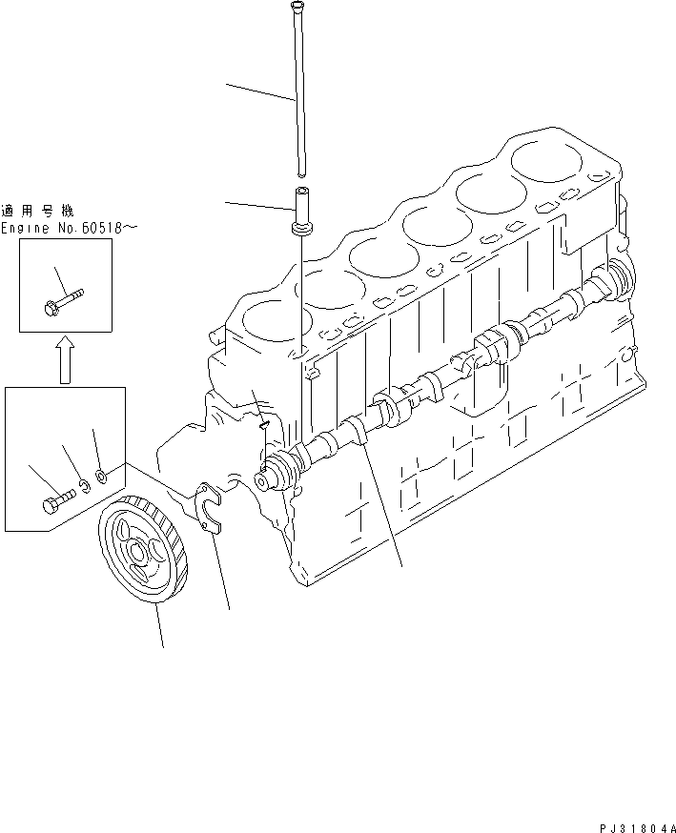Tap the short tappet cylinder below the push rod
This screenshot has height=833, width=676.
pyautogui.click(x=301, y=208)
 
